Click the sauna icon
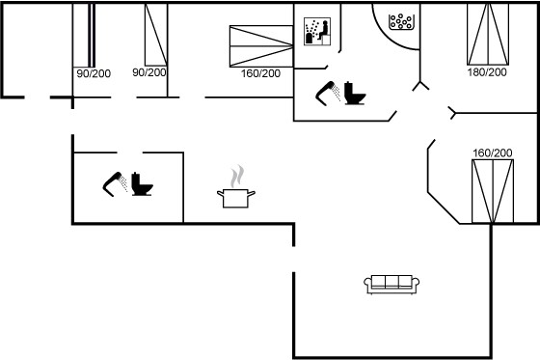317,32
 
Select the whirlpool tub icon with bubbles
401,22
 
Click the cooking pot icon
236,198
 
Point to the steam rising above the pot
237,177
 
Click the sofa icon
391,284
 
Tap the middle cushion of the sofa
391,282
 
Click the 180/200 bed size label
487,72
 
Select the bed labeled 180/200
488,34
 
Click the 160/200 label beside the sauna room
260,73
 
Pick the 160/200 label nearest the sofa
493,152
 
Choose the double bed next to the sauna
261,46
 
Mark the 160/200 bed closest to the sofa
493,191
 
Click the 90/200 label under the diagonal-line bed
149,72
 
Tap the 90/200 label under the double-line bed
94,73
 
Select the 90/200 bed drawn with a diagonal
156,35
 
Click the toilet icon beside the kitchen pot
142,184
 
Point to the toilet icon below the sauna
355,93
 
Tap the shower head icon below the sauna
328,94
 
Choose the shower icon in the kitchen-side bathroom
115,184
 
